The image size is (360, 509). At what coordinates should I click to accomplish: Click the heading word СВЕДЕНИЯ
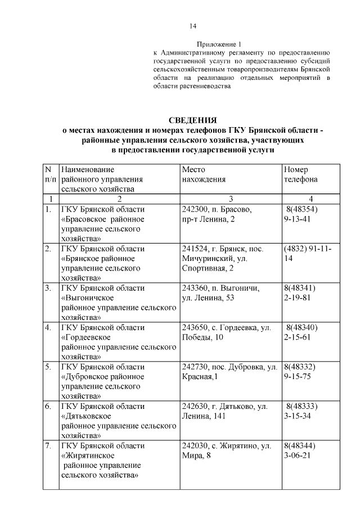tap(192, 120)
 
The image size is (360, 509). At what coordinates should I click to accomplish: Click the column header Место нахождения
tap(204, 174)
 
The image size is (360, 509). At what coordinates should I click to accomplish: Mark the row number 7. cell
tap(48, 445)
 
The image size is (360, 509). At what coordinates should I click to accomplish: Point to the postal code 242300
tap(194, 209)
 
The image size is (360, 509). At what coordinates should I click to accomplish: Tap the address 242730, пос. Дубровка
tap(229, 367)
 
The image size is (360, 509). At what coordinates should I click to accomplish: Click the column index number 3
tap(231, 199)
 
